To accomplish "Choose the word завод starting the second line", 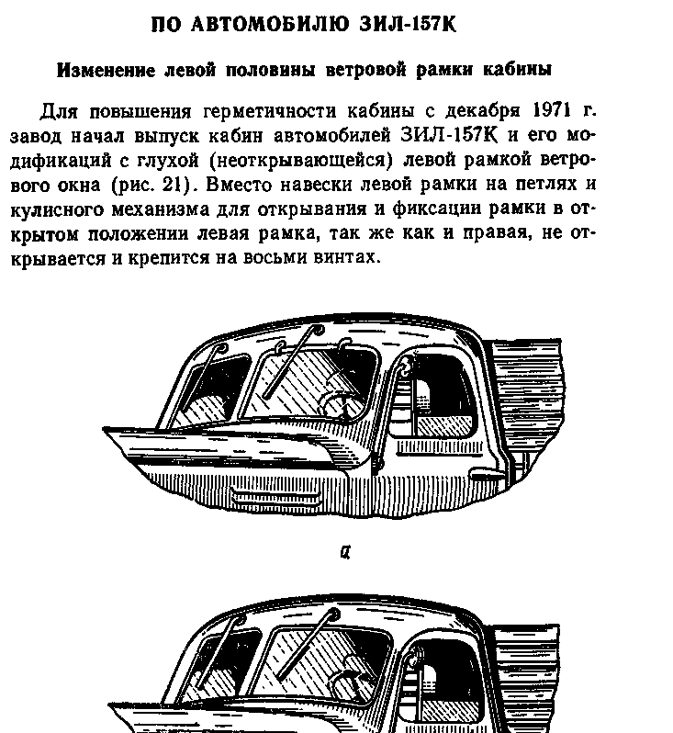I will (63, 137).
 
